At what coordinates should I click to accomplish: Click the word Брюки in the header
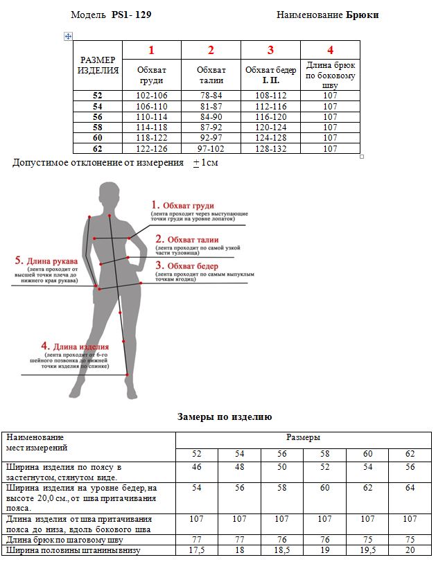pos(362,15)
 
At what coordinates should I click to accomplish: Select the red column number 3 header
pos(270,50)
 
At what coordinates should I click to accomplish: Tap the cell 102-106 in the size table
pos(151,96)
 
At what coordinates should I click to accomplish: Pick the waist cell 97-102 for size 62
pos(211,148)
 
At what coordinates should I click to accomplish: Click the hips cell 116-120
pos(270,117)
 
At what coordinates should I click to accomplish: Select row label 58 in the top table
pos(98,128)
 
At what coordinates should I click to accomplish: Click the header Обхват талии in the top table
pos(211,76)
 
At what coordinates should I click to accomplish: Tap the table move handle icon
pos(68,36)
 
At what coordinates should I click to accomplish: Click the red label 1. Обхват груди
pos(183,206)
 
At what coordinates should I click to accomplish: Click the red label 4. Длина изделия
pos(75,346)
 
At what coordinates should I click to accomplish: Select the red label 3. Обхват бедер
pos(186,266)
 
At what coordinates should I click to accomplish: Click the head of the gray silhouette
pos(108,193)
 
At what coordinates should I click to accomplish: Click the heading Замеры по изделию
pos(225,417)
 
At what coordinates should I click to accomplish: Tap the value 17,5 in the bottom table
pos(197,550)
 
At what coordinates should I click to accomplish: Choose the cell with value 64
pos(410,489)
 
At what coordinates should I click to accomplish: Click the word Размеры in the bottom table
pos(303,438)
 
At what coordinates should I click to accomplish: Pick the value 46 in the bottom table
pos(197,468)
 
